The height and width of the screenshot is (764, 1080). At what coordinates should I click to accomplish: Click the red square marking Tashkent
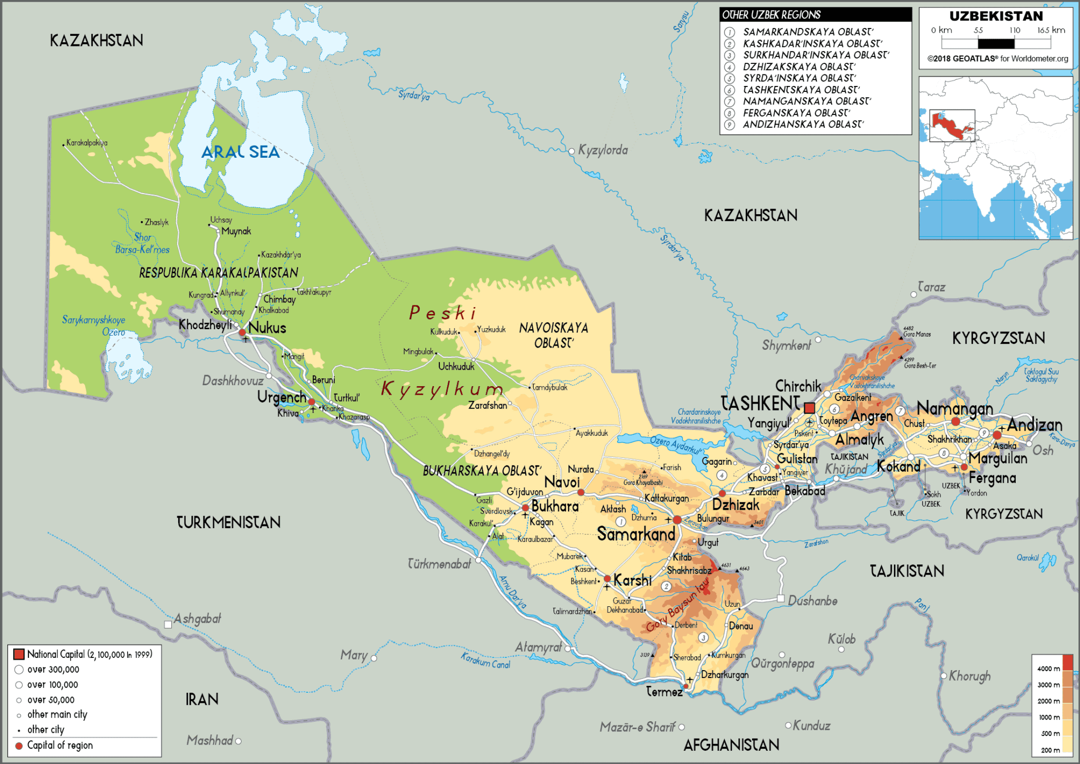click(809, 408)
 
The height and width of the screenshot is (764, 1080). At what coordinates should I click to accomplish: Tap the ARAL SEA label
click(240, 152)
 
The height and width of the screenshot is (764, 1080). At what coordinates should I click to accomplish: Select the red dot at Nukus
click(242, 332)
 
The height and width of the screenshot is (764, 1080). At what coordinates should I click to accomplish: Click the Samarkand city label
click(636, 534)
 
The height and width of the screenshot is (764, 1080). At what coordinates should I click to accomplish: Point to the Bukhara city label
click(555, 507)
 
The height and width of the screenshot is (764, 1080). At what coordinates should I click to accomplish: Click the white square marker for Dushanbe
click(780, 598)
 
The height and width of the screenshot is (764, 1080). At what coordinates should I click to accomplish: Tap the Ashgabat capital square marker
click(168, 625)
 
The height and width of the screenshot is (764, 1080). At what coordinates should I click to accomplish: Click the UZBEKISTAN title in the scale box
click(996, 16)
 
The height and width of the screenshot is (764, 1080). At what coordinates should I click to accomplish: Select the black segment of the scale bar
click(996, 44)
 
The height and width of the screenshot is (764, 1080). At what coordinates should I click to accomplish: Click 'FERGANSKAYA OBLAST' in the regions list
click(796, 113)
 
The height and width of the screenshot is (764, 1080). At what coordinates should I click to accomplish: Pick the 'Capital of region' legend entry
click(60, 746)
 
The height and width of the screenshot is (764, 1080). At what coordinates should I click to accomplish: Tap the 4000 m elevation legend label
click(1048, 668)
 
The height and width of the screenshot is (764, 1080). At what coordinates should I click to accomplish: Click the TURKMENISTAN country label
click(228, 523)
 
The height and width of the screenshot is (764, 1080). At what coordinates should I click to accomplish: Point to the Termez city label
click(664, 692)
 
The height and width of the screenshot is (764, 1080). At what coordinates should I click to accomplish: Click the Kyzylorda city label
click(603, 150)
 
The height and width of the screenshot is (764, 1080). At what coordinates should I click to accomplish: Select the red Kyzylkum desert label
click(442, 389)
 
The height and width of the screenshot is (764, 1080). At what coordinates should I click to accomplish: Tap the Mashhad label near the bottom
click(209, 740)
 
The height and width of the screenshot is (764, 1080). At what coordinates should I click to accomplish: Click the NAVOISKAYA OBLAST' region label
click(554, 336)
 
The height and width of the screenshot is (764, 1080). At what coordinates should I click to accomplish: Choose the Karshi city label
click(633, 581)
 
